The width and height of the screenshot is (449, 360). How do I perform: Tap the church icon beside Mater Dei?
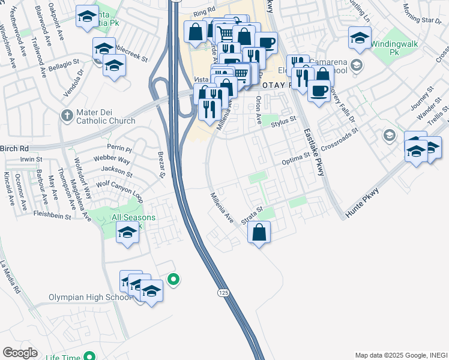[x=67, y=114]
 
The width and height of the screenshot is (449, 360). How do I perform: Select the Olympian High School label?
[x=89, y=298]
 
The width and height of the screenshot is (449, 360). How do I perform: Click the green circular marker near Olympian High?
[x=173, y=279]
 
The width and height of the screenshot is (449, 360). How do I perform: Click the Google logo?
[x=19, y=353]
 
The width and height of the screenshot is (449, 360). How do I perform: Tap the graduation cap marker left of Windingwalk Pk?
[x=360, y=38]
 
